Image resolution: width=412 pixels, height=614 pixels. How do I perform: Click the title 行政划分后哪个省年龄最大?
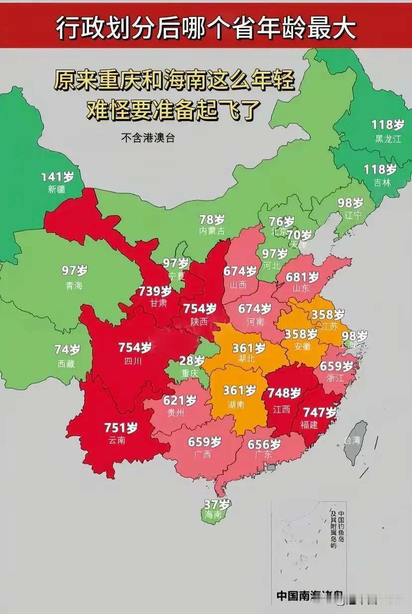[x=206, y=29]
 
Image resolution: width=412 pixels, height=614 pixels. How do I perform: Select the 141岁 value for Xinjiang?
[x=57, y=177]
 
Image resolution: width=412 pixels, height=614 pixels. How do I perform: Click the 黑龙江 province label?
[x=388, y=139]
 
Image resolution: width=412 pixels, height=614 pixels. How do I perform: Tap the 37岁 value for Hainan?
[x=217, y=504]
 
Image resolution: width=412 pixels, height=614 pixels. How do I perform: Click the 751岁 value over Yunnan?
[x=121, y=427]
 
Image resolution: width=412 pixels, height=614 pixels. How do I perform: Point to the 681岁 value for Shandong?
[x=302, y=277]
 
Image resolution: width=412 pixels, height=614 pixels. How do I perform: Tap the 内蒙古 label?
[x=212, y=231]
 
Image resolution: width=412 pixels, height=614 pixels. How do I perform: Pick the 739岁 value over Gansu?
[x=155, y=291]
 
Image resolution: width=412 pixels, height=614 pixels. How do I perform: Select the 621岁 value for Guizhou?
[x=180, y=400]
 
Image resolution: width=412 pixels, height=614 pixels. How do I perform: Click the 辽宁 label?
[x=350, y=215]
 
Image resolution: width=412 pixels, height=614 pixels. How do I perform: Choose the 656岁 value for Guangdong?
[x=264, y=444]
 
